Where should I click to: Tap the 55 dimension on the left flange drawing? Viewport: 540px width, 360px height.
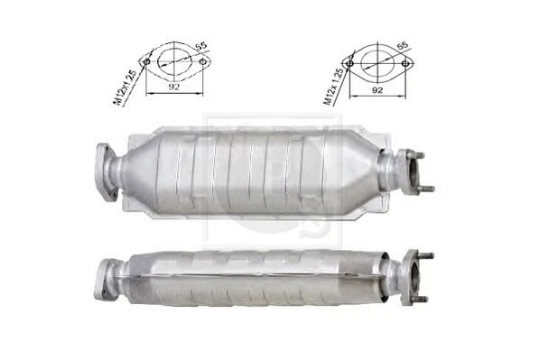pos(200,45)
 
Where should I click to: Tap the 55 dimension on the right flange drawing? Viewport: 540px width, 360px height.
pos(403,44)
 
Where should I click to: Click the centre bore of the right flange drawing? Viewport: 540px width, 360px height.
pos(378,62)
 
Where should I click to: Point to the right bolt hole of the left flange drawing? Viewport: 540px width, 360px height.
pos(202,61)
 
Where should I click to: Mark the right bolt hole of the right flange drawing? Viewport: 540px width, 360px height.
pos(405,62)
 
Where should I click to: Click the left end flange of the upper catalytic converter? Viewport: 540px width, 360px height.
pos(106,171)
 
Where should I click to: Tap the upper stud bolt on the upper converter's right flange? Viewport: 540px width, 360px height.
pos(418,154)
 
